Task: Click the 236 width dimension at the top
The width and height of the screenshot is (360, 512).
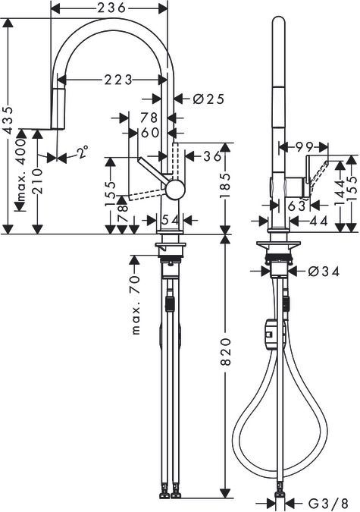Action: coord(110,8)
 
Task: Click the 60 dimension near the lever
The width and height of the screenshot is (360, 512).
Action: coord(149,133)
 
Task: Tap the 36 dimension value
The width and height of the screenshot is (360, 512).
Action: coord(212,156)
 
